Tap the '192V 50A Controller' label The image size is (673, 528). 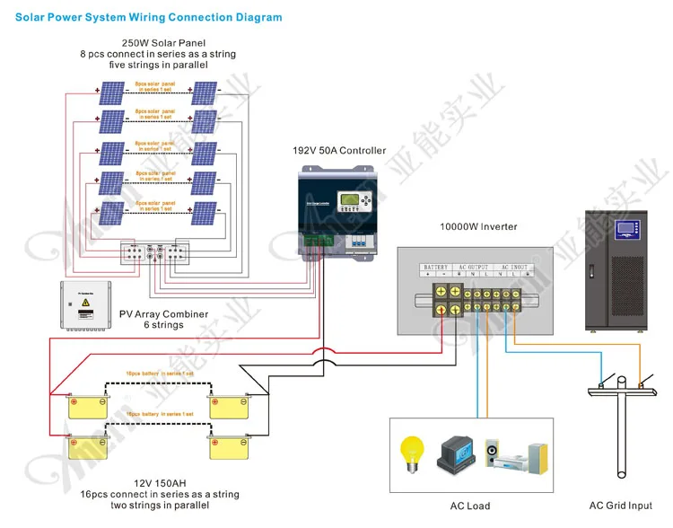click(339, 151)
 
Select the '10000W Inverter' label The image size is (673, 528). click(478, 226)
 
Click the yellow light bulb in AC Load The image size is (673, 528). click(412, 450)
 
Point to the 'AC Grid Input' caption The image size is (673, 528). click(621, 506)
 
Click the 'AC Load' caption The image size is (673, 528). click(470, 506)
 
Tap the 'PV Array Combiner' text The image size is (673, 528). click(163, 314)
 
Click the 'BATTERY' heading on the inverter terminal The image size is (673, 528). click(436, 268)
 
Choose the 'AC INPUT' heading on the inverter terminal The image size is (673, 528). click(515, 268)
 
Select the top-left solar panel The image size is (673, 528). click(113, 93)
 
